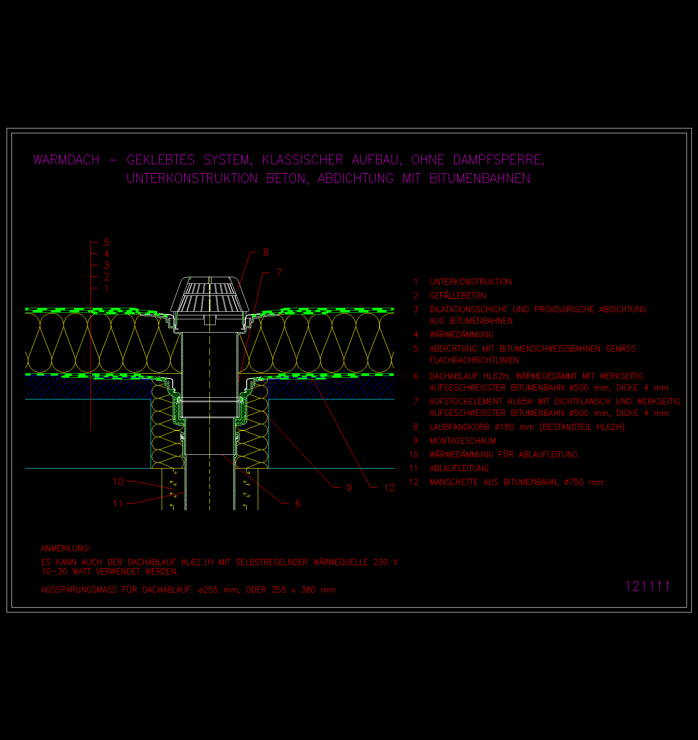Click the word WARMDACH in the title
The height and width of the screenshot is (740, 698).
66,160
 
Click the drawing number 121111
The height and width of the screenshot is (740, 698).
648,586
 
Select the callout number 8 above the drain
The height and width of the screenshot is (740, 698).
266,252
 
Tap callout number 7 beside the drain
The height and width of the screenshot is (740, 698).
279,273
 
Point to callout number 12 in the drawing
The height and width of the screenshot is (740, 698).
389,488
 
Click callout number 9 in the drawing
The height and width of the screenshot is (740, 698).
349,488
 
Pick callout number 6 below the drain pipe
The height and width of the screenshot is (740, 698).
298,504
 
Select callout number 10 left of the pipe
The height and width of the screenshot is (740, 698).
118,481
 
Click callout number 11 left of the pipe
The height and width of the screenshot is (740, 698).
118,504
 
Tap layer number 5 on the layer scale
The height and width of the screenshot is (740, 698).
106,243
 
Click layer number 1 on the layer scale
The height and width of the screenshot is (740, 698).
106,289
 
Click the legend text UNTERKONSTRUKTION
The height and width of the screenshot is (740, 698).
471,282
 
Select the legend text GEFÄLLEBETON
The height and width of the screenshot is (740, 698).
458,295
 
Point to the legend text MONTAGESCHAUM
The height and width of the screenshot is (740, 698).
463,441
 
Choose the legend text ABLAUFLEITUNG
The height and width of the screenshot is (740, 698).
459,469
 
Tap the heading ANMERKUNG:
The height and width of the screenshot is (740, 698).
66,549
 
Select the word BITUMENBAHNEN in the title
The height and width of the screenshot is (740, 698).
480,178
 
